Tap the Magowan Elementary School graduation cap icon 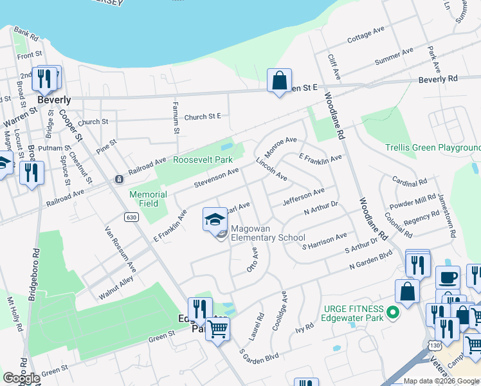coord(215,220)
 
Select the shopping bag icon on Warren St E coord(279,81)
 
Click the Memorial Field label coord(149,199)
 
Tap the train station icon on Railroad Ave coord(119,178)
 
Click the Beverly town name coord(54,100)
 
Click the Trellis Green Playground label coord(433,148)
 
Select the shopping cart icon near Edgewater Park coord(218,330)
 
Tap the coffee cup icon coord(448,278)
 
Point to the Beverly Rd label coord(437,79)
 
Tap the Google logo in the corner coord(21,378)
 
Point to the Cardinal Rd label coord(405,182)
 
